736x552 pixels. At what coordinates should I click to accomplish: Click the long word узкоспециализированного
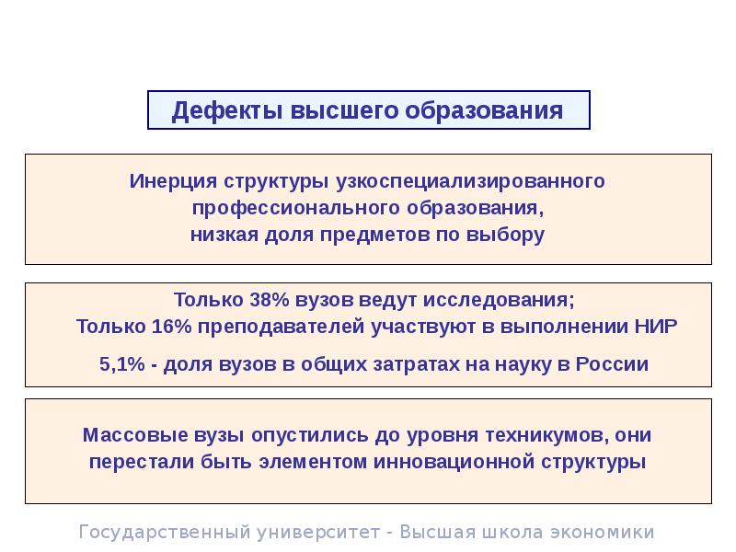tap(470, 180)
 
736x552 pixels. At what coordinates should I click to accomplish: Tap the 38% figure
tap(265, 301)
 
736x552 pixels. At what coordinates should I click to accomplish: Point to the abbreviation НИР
tap(656, 327)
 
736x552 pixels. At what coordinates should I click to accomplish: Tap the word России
tap(612, 364)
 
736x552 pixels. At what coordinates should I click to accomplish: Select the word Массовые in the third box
tap(129, 434)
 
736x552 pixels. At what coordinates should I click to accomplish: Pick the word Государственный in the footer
tap(152, 532)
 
